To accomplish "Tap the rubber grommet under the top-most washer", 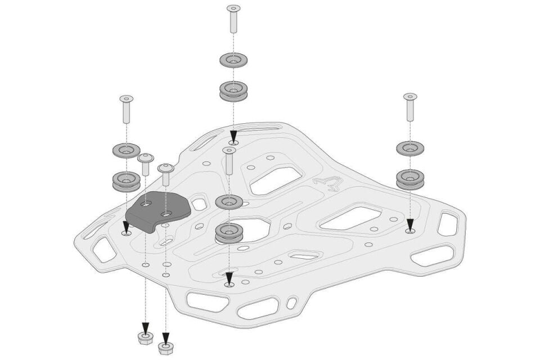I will (233, 91).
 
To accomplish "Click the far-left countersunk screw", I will (127, 109).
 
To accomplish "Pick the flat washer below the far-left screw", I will (127, 150).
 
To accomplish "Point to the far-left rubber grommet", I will (127, 182).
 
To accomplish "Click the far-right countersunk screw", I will (410, 106).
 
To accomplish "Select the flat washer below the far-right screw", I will (410, 148).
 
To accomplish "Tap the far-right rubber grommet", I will (410, 179).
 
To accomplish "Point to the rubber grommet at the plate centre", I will (229, 233).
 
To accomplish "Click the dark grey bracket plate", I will (159, 211).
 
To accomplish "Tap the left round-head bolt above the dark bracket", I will (146, 164).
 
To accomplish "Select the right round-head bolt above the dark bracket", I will (166, 174).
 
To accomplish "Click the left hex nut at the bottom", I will (146, 337).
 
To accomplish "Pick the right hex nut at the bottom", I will (165, 348).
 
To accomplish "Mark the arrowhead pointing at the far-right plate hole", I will (410, 223).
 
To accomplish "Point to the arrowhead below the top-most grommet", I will (233, 137).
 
